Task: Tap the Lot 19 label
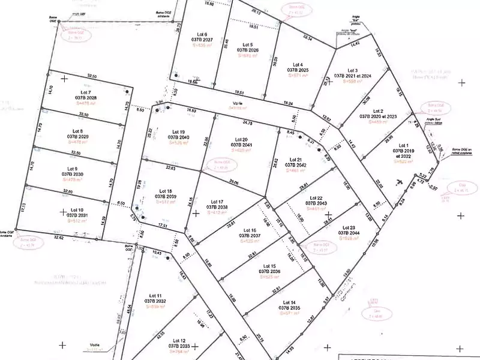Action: point(178,131)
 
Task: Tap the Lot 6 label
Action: point(202,34)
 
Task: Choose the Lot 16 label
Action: point(250,230)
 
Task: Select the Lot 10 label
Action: point(76,210)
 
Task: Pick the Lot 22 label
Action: point(316,198)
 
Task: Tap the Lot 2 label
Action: point(378,111)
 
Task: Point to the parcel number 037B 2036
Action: point(269,271)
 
